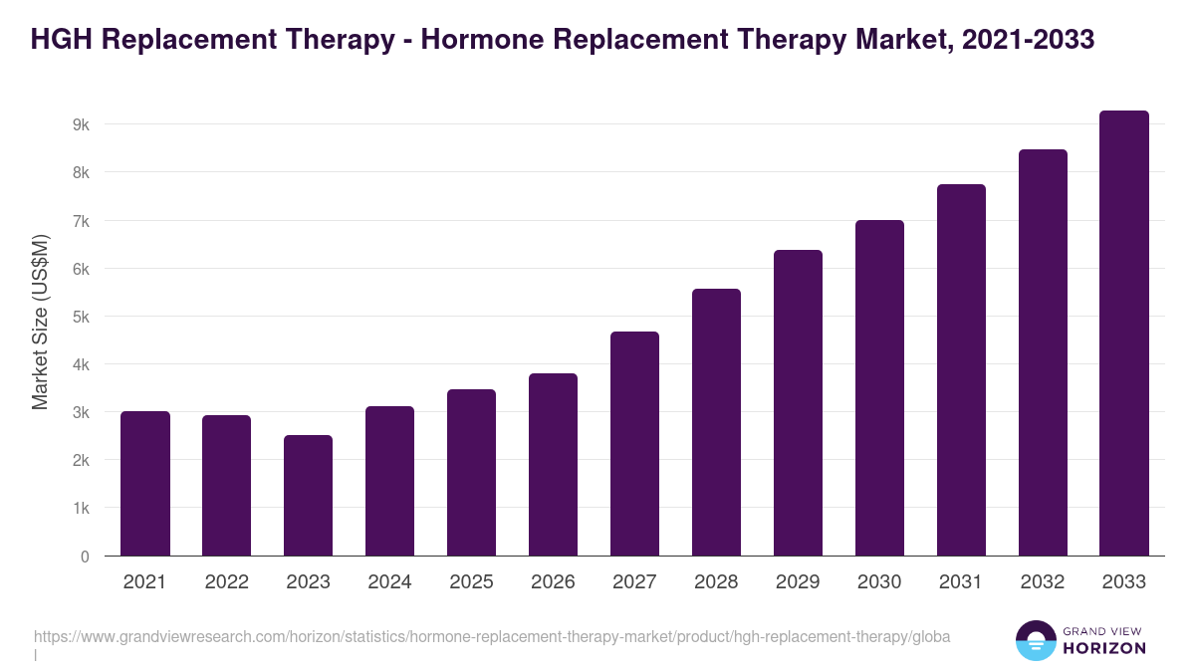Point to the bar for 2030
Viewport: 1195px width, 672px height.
[879, 387]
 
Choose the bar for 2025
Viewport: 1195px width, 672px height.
[471, 472]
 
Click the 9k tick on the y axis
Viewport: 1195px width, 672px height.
[81, 124]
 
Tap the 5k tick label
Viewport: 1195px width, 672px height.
[81, 317]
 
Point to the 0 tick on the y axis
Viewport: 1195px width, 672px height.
[85, 557]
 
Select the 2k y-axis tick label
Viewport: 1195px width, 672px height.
[81, 461]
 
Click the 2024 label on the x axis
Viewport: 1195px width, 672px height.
[389, 582]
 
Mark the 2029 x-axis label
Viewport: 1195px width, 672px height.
[798, 582]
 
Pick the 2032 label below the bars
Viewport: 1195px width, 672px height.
[1043, 582]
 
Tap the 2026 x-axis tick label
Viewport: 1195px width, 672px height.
[553, 582]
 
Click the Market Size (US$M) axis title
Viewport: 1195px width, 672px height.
[40, 322]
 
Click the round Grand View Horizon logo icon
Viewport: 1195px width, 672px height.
[1036, 640]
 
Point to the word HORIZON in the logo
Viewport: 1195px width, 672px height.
[1105, 648]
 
